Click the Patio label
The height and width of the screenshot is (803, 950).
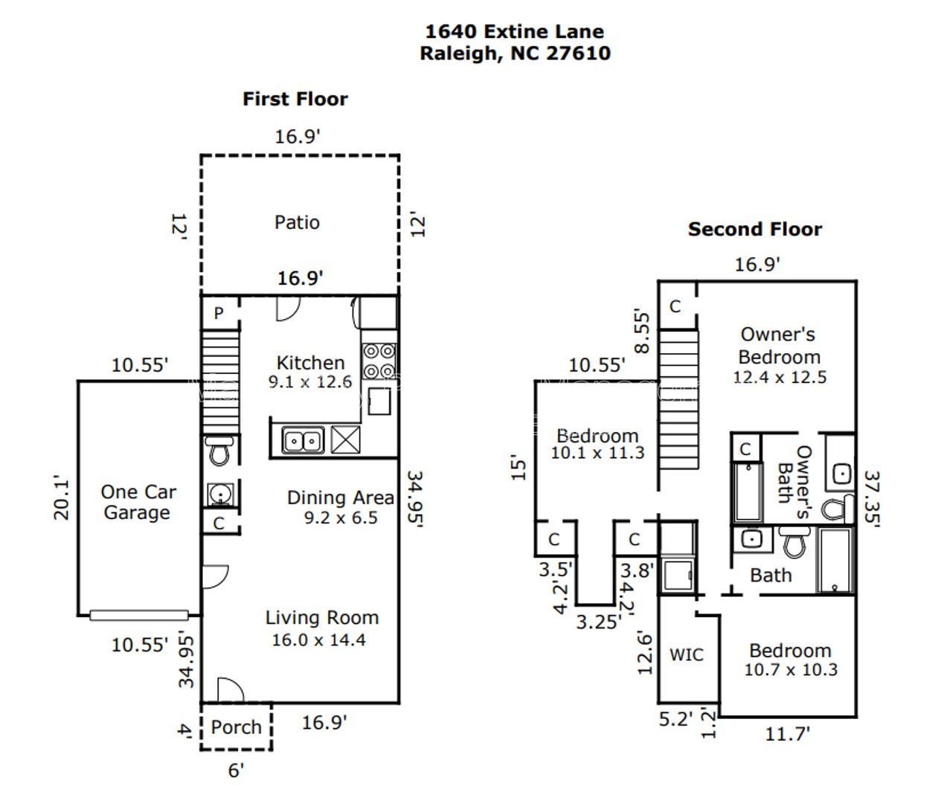(297, 222)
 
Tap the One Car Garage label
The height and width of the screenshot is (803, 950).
(138, 502)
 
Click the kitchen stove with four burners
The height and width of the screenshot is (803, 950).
(379, 361)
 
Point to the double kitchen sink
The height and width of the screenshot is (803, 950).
(303, 441)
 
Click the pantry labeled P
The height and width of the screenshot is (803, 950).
(219, 314)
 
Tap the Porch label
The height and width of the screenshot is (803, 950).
(236, 727)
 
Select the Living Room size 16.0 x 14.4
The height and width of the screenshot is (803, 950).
(318, 640)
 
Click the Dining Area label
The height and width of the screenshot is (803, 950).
(340, 497)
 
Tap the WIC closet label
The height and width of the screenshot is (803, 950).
(686, 655)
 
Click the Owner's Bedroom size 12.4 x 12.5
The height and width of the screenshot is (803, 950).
(779, 377)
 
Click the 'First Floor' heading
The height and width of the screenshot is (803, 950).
(295, 99)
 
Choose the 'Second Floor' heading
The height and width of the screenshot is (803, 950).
(754, 229)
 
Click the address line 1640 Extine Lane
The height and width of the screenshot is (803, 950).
(514, 31)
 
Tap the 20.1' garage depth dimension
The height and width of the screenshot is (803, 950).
(62, 498)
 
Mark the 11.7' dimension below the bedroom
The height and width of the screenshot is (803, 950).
(787, 735)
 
